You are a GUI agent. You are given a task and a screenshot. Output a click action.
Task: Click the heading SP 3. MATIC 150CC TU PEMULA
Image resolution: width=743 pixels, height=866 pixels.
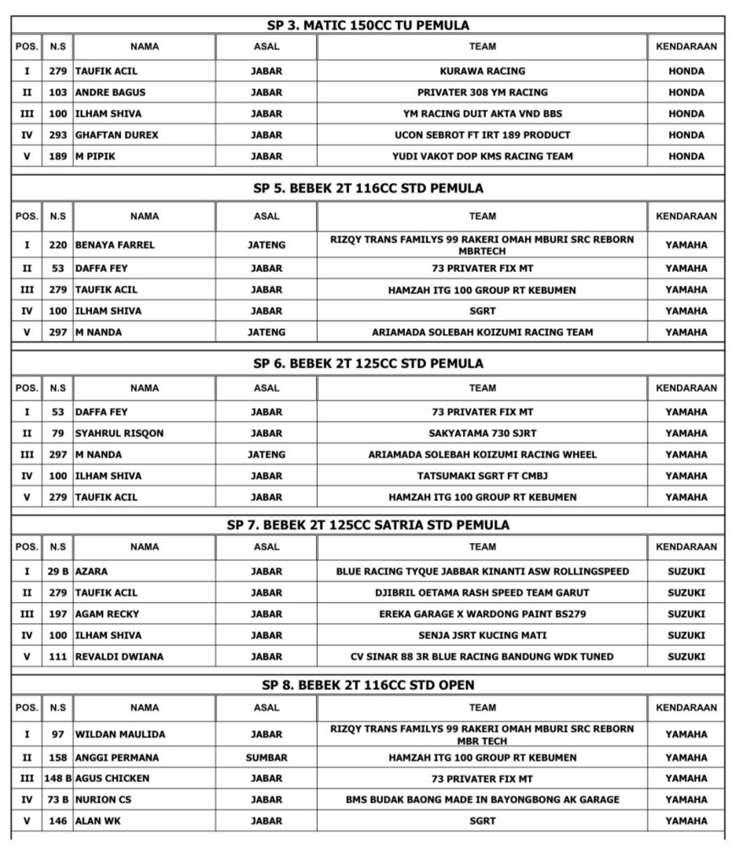click(368, 25)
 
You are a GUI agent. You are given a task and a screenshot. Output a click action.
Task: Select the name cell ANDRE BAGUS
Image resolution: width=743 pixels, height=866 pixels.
click(106, 92)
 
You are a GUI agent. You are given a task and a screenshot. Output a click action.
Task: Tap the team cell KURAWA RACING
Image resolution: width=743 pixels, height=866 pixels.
click(482, 71)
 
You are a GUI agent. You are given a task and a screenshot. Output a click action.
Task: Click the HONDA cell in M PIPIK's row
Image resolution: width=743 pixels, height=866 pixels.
click(686, 156)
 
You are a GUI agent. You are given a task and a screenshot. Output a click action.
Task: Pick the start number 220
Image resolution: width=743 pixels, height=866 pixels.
click(57, 245)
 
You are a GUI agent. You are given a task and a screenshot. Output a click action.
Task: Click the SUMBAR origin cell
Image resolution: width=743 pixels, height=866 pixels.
click(266, 757)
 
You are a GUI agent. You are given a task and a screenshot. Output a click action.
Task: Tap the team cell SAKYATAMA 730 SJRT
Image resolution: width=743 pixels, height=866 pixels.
click(482, 433)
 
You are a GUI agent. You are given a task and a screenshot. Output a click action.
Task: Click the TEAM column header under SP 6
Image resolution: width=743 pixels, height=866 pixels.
click(482, 388)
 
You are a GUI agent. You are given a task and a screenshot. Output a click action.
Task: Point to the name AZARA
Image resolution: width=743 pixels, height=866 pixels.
click(92, 572)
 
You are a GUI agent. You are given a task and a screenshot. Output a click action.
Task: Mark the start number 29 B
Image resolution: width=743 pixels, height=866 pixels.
click(57, 572)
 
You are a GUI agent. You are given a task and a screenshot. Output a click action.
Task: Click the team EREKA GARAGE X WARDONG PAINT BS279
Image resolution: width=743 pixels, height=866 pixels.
click(482, 614)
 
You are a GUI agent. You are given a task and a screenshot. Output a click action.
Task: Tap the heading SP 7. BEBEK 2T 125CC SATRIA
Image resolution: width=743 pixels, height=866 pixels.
click(368, 524)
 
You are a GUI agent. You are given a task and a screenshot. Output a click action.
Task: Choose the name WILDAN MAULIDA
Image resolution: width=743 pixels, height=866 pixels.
click(120, 734)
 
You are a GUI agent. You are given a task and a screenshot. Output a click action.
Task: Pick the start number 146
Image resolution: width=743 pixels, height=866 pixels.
click(57, 820)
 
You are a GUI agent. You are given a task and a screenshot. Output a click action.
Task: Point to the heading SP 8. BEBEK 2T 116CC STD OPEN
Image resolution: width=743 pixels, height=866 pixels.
click(368, 684)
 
